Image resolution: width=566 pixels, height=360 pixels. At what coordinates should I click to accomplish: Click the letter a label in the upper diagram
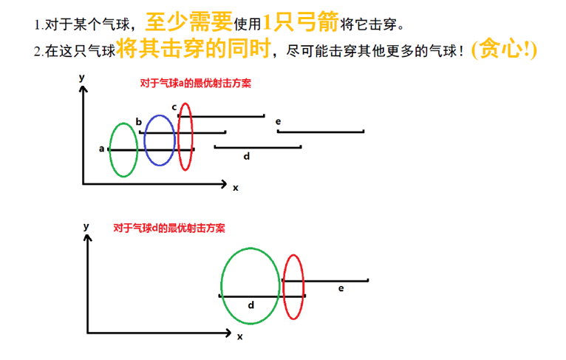coord(101,149)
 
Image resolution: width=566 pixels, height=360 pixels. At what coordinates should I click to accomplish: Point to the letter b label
coord(138,122)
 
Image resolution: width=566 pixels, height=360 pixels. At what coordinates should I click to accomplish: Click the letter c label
coord(174,107)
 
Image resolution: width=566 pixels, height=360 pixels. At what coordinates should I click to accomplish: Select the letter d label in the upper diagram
coord(246,156)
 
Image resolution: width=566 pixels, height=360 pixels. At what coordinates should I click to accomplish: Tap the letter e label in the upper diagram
coord(278,120)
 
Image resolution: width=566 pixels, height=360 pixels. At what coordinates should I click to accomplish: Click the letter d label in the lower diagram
coord(251,305)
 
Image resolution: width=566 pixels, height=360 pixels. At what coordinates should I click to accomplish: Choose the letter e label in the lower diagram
coord(341,288)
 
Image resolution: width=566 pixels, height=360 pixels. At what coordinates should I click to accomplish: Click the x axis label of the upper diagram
coord(236,188)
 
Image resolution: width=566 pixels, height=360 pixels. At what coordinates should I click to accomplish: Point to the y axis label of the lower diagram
coord(86,225)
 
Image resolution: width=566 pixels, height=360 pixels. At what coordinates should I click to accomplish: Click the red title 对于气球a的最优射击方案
coord(195,84)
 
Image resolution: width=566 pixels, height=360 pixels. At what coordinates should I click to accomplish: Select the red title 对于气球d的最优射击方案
coord(169,228)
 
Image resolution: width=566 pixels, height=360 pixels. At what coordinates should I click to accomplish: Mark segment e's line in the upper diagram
coord(321,132)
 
